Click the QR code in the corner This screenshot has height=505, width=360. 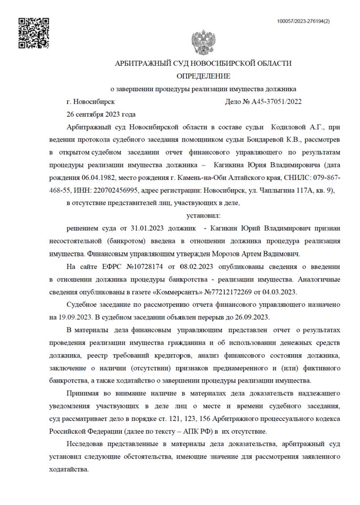pyautogui.click(x=34, y=33)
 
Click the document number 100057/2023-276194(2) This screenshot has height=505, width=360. pyautogui.click(x=303, y=21)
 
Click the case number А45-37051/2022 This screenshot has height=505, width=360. pyautogui.click(x=277, y=102)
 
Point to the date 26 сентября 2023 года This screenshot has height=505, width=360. pyautogui.click(x=100, y=115)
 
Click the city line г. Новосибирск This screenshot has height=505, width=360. pyautogui.click(x=91, y=102)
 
